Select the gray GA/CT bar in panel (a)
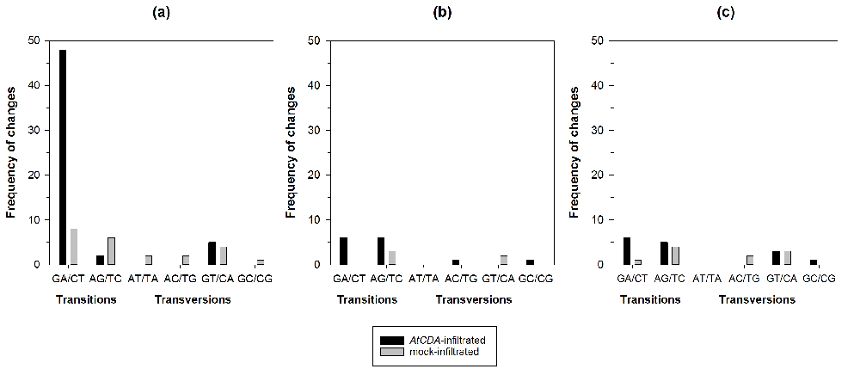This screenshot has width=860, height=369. (x=74, y=247)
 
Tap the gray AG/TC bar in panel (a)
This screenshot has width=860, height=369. (x=111, y=251)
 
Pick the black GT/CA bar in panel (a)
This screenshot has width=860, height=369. (x=212, y=253)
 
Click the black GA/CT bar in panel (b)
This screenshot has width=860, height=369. (x=344, y=251)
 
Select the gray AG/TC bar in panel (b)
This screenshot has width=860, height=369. (x=391, y=258)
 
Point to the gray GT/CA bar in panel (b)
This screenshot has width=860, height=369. (x=503, y=260)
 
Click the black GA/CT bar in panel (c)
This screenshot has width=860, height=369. (x=627, y=251)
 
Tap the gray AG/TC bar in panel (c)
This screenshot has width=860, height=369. (x=675, y=255)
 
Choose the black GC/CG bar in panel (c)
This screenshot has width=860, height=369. (x=814, y=262)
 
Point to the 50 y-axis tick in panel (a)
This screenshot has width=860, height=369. (x=33, y=40)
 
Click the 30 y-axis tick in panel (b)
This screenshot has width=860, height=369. (x=315, y=130)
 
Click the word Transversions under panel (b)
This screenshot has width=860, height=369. (x=474, y=300)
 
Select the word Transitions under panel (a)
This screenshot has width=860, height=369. (x=85, y=300)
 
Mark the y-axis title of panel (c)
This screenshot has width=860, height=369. (x=576, y=152)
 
